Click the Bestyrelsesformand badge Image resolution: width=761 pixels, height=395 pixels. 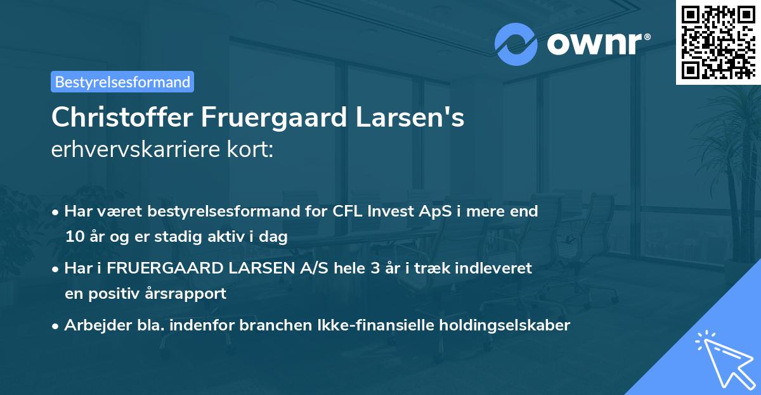pyautogui.click(x=122, y=82)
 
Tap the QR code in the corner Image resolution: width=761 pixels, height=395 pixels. pyautogui.click(x=717, y=42)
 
